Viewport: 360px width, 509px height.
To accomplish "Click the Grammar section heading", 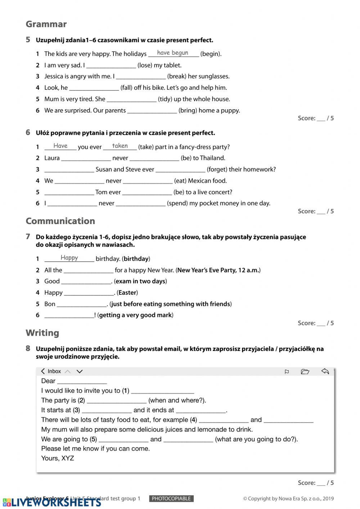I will coord(46,24).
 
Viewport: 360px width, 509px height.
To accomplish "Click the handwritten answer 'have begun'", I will coord(172,53).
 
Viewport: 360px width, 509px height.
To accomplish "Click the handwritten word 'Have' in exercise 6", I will coord(60,146).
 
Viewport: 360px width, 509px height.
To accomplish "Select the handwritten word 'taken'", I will coord(120,146).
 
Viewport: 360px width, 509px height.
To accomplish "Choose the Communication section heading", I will coord(60,221).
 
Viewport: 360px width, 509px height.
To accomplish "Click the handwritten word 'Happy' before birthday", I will coord(69,258).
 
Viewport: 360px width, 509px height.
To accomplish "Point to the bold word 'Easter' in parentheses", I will coord(127,293).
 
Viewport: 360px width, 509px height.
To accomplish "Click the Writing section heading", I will coord(42,333).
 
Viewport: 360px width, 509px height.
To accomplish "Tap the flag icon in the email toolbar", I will coord(287,372).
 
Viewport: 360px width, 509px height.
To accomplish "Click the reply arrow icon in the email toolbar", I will coord(325,371).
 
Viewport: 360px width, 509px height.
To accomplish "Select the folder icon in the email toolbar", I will coord(305,372).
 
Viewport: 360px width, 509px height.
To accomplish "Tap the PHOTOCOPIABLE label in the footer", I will coord(171,499).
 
